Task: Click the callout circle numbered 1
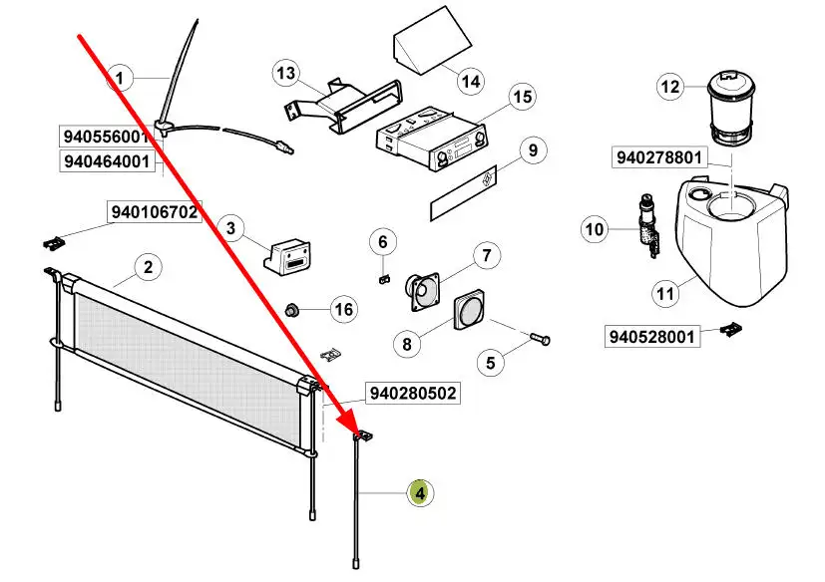coord(120,77)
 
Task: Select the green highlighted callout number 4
coord(420,492)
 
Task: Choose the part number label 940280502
coord(412,394)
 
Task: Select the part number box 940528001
coord(652,337)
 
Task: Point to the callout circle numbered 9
coord(533,150)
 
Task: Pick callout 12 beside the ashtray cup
coord(669,87)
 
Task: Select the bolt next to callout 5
coord(538,340)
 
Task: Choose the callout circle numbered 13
coord(286,73)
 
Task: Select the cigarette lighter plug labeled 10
coord(646,226)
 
